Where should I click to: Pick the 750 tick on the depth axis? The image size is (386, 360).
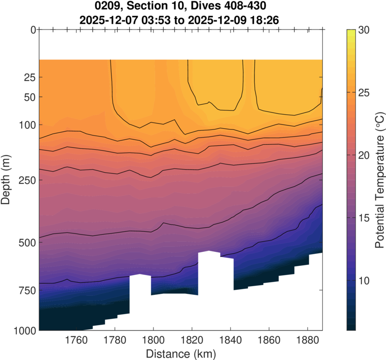click(x=26, y=291)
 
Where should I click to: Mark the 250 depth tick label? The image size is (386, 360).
click(x=26, y=180)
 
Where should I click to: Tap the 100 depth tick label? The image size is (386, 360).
click(x=26, y=125)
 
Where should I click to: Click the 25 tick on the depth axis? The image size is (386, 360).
click(x=28, y=77)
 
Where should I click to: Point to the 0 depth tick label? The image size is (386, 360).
click(x=32, y=30)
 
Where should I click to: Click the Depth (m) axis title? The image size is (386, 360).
click(x=7, y=180)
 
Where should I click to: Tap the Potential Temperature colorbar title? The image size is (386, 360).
click(x=380, y=180)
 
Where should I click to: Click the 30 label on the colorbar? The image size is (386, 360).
click(x=364, y=30)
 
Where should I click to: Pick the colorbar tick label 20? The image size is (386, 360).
click(x=364, y=155)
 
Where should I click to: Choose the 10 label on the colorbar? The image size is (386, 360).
click(x=364, y=281)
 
